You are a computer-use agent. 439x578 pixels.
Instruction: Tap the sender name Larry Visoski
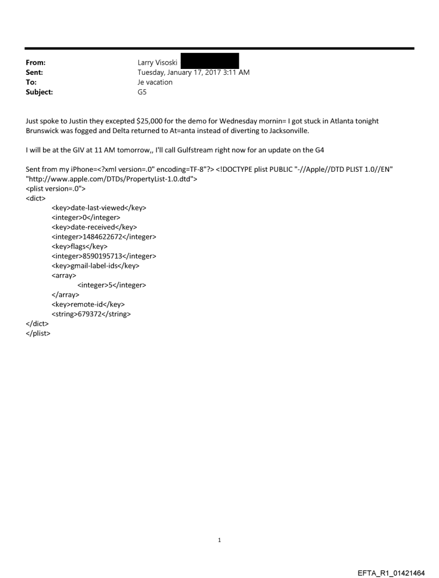pyautogui.click(x=158, y=62)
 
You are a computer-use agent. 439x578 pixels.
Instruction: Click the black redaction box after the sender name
pyautogui.click(x=209, y=61)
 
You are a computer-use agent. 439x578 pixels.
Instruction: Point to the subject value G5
pyautogui.click(x=143, y=92)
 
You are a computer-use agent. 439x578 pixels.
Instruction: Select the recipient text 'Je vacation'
pyautogui.click(x=155, y=82)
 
